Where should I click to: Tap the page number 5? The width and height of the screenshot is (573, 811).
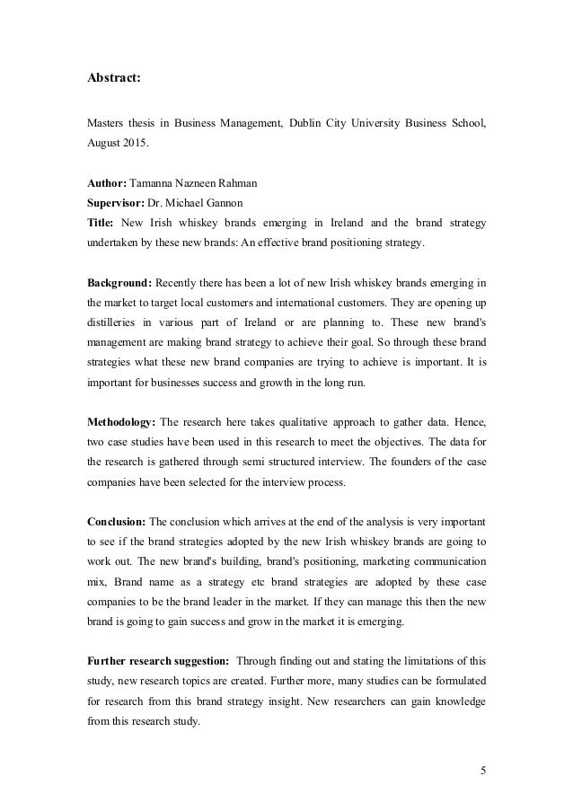click(x=482, y=769)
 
